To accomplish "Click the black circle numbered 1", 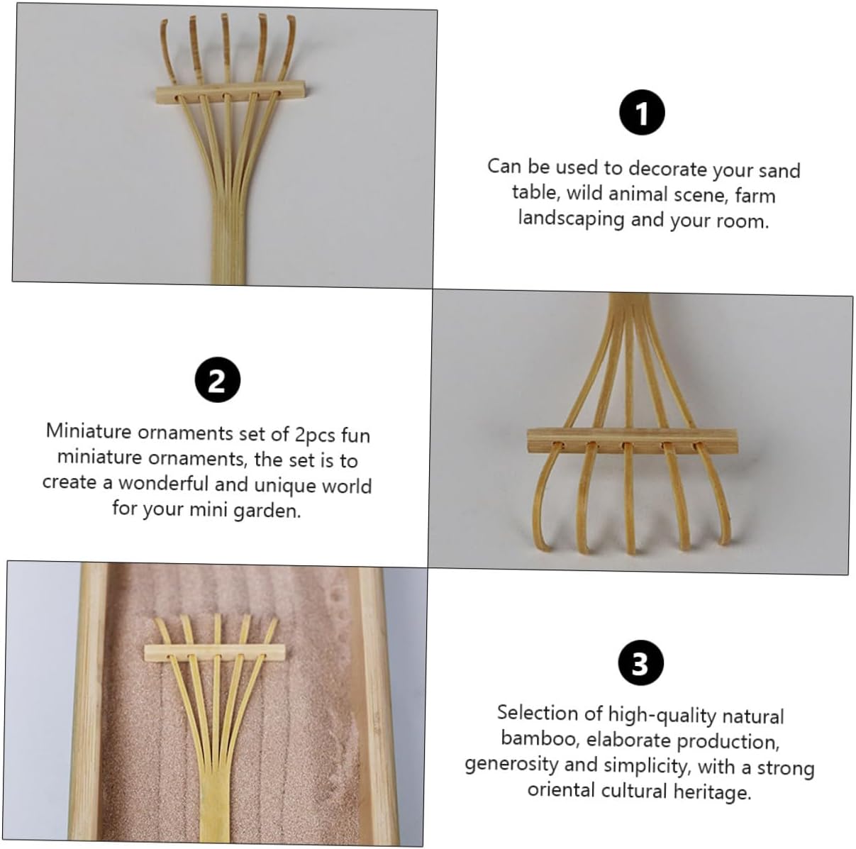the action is pyautogui.click(x=642, y=112).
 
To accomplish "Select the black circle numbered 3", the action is pyautogui.click(x=640, y=663).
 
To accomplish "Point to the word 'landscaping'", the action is pyautogui.click(x=572, y=218).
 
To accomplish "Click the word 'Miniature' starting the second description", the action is pyautogui.click(x=89, y=431).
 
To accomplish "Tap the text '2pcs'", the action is pyautogui.click(x=315, y=435).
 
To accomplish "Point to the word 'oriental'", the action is pyautogui.click(x=560, y=790).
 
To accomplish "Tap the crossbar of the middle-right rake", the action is pyautogui.click(x=632, y=441).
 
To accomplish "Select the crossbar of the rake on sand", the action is pyautogui.click(x=215, y=653).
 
